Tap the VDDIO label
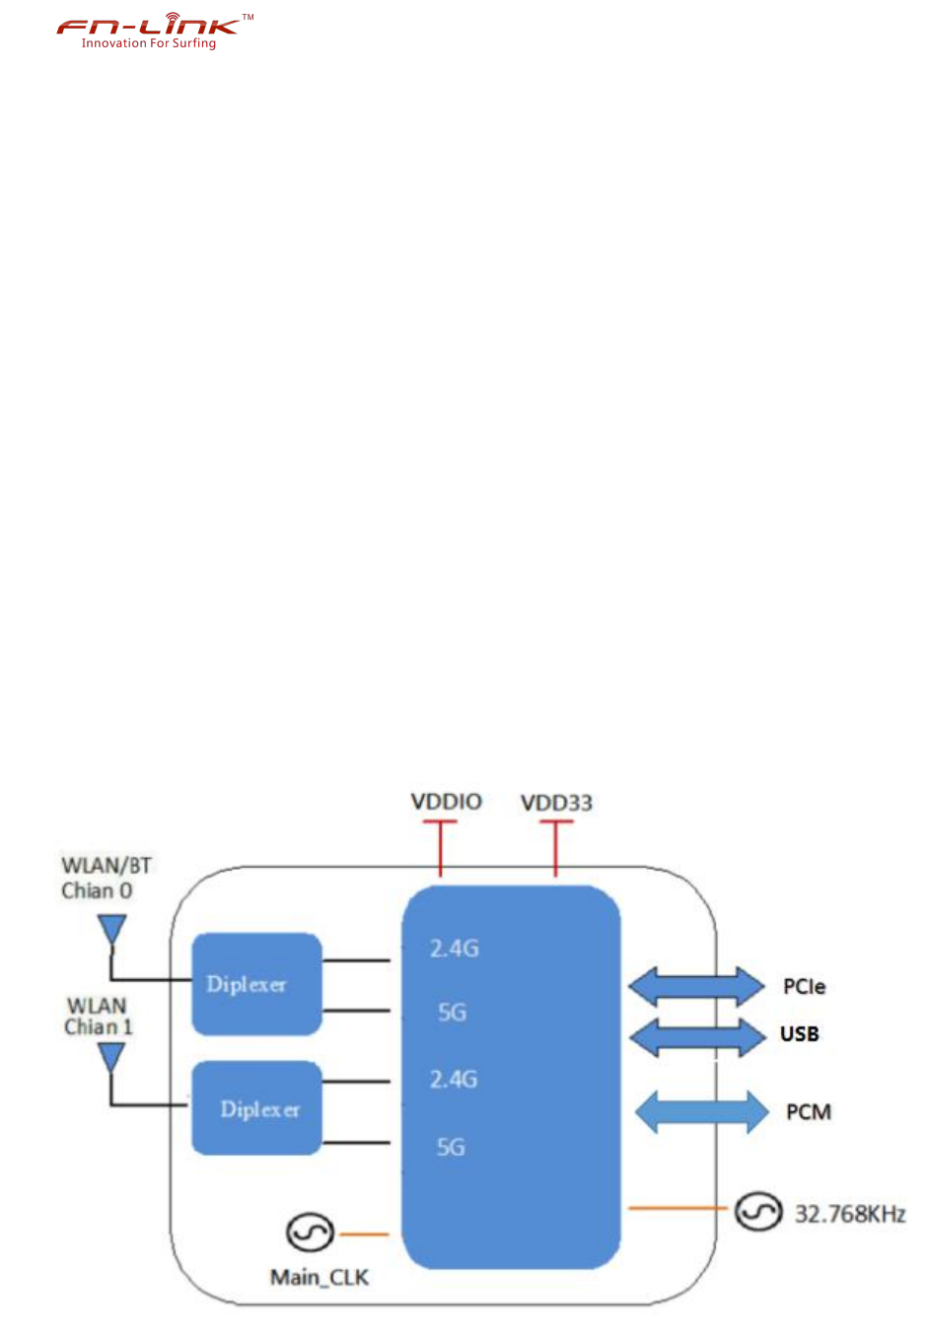click(x=446, y=802)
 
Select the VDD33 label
click(x=556, y=803)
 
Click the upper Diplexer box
click(x=256, y=984)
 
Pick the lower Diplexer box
click(x=256, y=1108)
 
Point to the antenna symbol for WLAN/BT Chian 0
click(x=112, y=929)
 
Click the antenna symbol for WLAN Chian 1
click(x=111, y=1057)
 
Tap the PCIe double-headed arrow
click(x=696, y=986)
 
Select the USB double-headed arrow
click(x=696, y=1035)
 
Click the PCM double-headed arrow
click(x=700, y=1112)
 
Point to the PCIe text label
click(x=804, y=987)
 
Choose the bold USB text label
click(x=799, y=1034)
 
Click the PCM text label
click(x=809, y=1112)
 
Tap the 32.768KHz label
click(x=850, y=1214)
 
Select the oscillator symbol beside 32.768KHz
click(x=757, y=1211)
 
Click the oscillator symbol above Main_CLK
click(x=310, y=1233)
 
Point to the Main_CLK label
click(x=320, y=1278)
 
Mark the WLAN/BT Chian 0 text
click(x=106, y=878)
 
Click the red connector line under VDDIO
click(x=440, y=848)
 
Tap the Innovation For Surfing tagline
click(x=148, y=43)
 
